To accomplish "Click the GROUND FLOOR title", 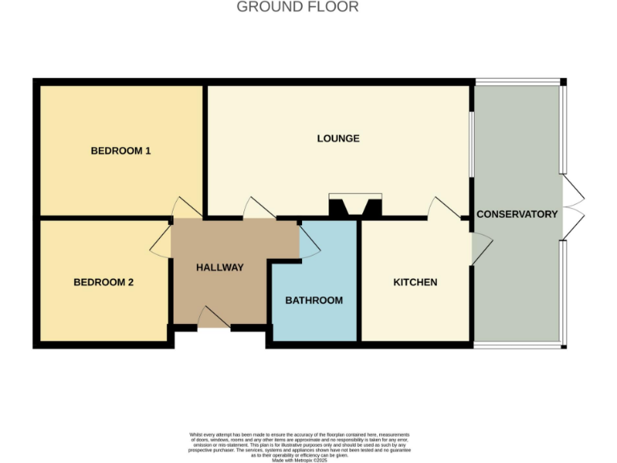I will click(297, 7).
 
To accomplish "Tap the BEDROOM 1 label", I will click(121, 150).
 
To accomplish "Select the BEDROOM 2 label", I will click(104, 282).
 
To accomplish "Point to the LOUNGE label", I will click(338, 138).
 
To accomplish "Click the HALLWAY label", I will click(219, 268).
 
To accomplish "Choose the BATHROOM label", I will click(314, 300).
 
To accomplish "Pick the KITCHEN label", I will click(415, 282).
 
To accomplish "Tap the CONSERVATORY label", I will click(517, 214).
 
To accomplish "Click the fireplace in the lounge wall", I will click(355, 207).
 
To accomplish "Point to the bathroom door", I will click(308, 240).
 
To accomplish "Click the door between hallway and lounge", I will click(259, 208).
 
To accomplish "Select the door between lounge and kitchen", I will click(443, 208).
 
